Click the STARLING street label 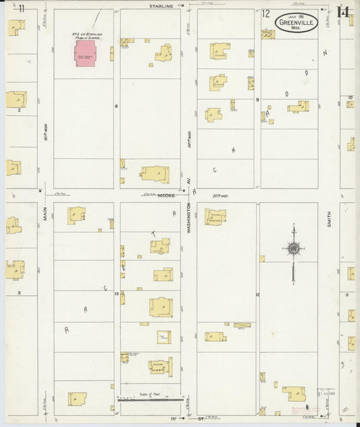point(161,5)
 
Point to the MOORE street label point(167,195)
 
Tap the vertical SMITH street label point(329,218)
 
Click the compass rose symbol point(293,249)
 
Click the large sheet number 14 point(344,11)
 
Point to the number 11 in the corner point(22,8)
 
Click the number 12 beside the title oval point(266,13)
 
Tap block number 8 point(116,106)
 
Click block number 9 point(257,99)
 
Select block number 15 point(116,293)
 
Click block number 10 point(351,98)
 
